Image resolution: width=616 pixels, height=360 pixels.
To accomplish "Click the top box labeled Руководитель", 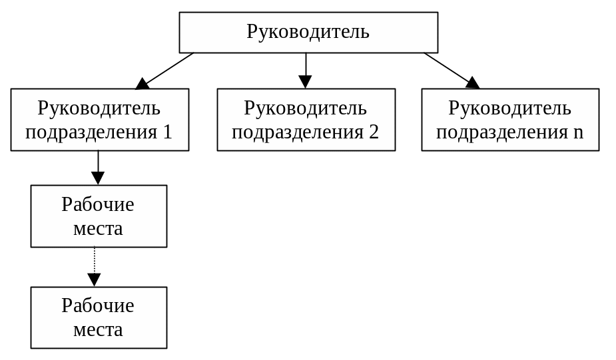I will [x=308, y=32].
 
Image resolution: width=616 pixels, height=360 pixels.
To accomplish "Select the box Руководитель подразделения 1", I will [x=99, y=120].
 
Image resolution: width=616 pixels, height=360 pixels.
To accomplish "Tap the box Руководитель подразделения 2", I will [x=306, y=120].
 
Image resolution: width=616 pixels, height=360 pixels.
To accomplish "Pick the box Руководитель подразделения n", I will [x=510, y=120].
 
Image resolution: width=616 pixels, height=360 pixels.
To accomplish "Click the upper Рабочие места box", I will [x=99, y=216].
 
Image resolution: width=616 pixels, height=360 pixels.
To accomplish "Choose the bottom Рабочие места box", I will [x=99, y=317].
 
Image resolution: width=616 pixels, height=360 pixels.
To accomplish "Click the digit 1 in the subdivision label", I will [x=167, y=132].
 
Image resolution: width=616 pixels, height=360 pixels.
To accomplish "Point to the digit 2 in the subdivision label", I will [x=374, y=132].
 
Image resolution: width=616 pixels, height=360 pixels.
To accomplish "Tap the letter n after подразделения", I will [x=578, y=132].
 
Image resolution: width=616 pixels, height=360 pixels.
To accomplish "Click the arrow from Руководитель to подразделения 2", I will [x=306, y=71].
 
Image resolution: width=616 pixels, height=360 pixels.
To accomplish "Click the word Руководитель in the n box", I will [x=510, y=108].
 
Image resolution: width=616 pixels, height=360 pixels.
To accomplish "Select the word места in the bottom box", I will [x=99, y=329].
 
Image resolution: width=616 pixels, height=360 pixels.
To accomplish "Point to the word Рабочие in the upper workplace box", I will [x=99, y=204].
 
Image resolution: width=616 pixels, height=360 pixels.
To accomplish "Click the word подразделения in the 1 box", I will [x=91, y=132].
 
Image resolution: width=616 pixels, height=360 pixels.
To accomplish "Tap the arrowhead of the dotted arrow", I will [x=95, y=280].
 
